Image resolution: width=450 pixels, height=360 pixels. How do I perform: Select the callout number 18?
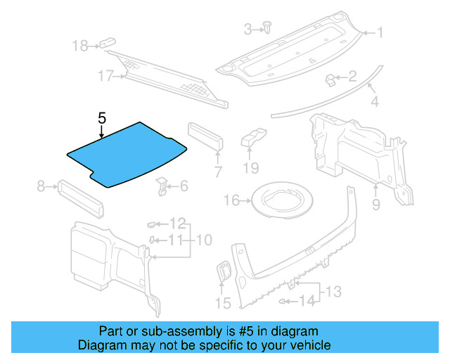click(81, 46)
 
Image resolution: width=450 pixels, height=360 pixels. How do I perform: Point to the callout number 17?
click(105, 76)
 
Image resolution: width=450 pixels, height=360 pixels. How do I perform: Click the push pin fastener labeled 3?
click(269, 27)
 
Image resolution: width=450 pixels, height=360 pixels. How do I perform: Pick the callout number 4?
click(374, 102)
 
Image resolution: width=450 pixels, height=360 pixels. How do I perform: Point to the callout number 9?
click(375, 205)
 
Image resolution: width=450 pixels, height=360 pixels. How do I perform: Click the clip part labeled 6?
click(162, 186)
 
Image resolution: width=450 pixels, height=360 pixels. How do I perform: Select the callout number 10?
click(203, 240)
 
